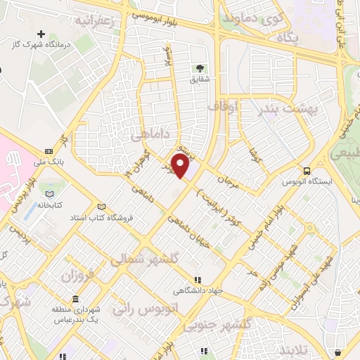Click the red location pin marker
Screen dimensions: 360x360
pyautogui.click(x=181, y=166)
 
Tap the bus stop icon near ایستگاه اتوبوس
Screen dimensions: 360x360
pyautogui.click(x=307, y=170)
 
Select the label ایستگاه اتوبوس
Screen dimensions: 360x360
pyautogui.click(x=307, y=181)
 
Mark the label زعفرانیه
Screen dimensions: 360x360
pyautogui.click(x=92, y=21)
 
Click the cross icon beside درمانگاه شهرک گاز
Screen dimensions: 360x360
pyautogui.click(x=41, y=34)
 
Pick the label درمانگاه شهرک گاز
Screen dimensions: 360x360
pyautogui.click(x=41, y=45)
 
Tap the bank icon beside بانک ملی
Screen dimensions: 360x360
pyautogui.click(x=49, y=151)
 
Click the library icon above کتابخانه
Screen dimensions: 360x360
pyautogui.click(x=49, y=193)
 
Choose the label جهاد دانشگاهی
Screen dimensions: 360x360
pyautogui.click(x=200, y=290)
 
